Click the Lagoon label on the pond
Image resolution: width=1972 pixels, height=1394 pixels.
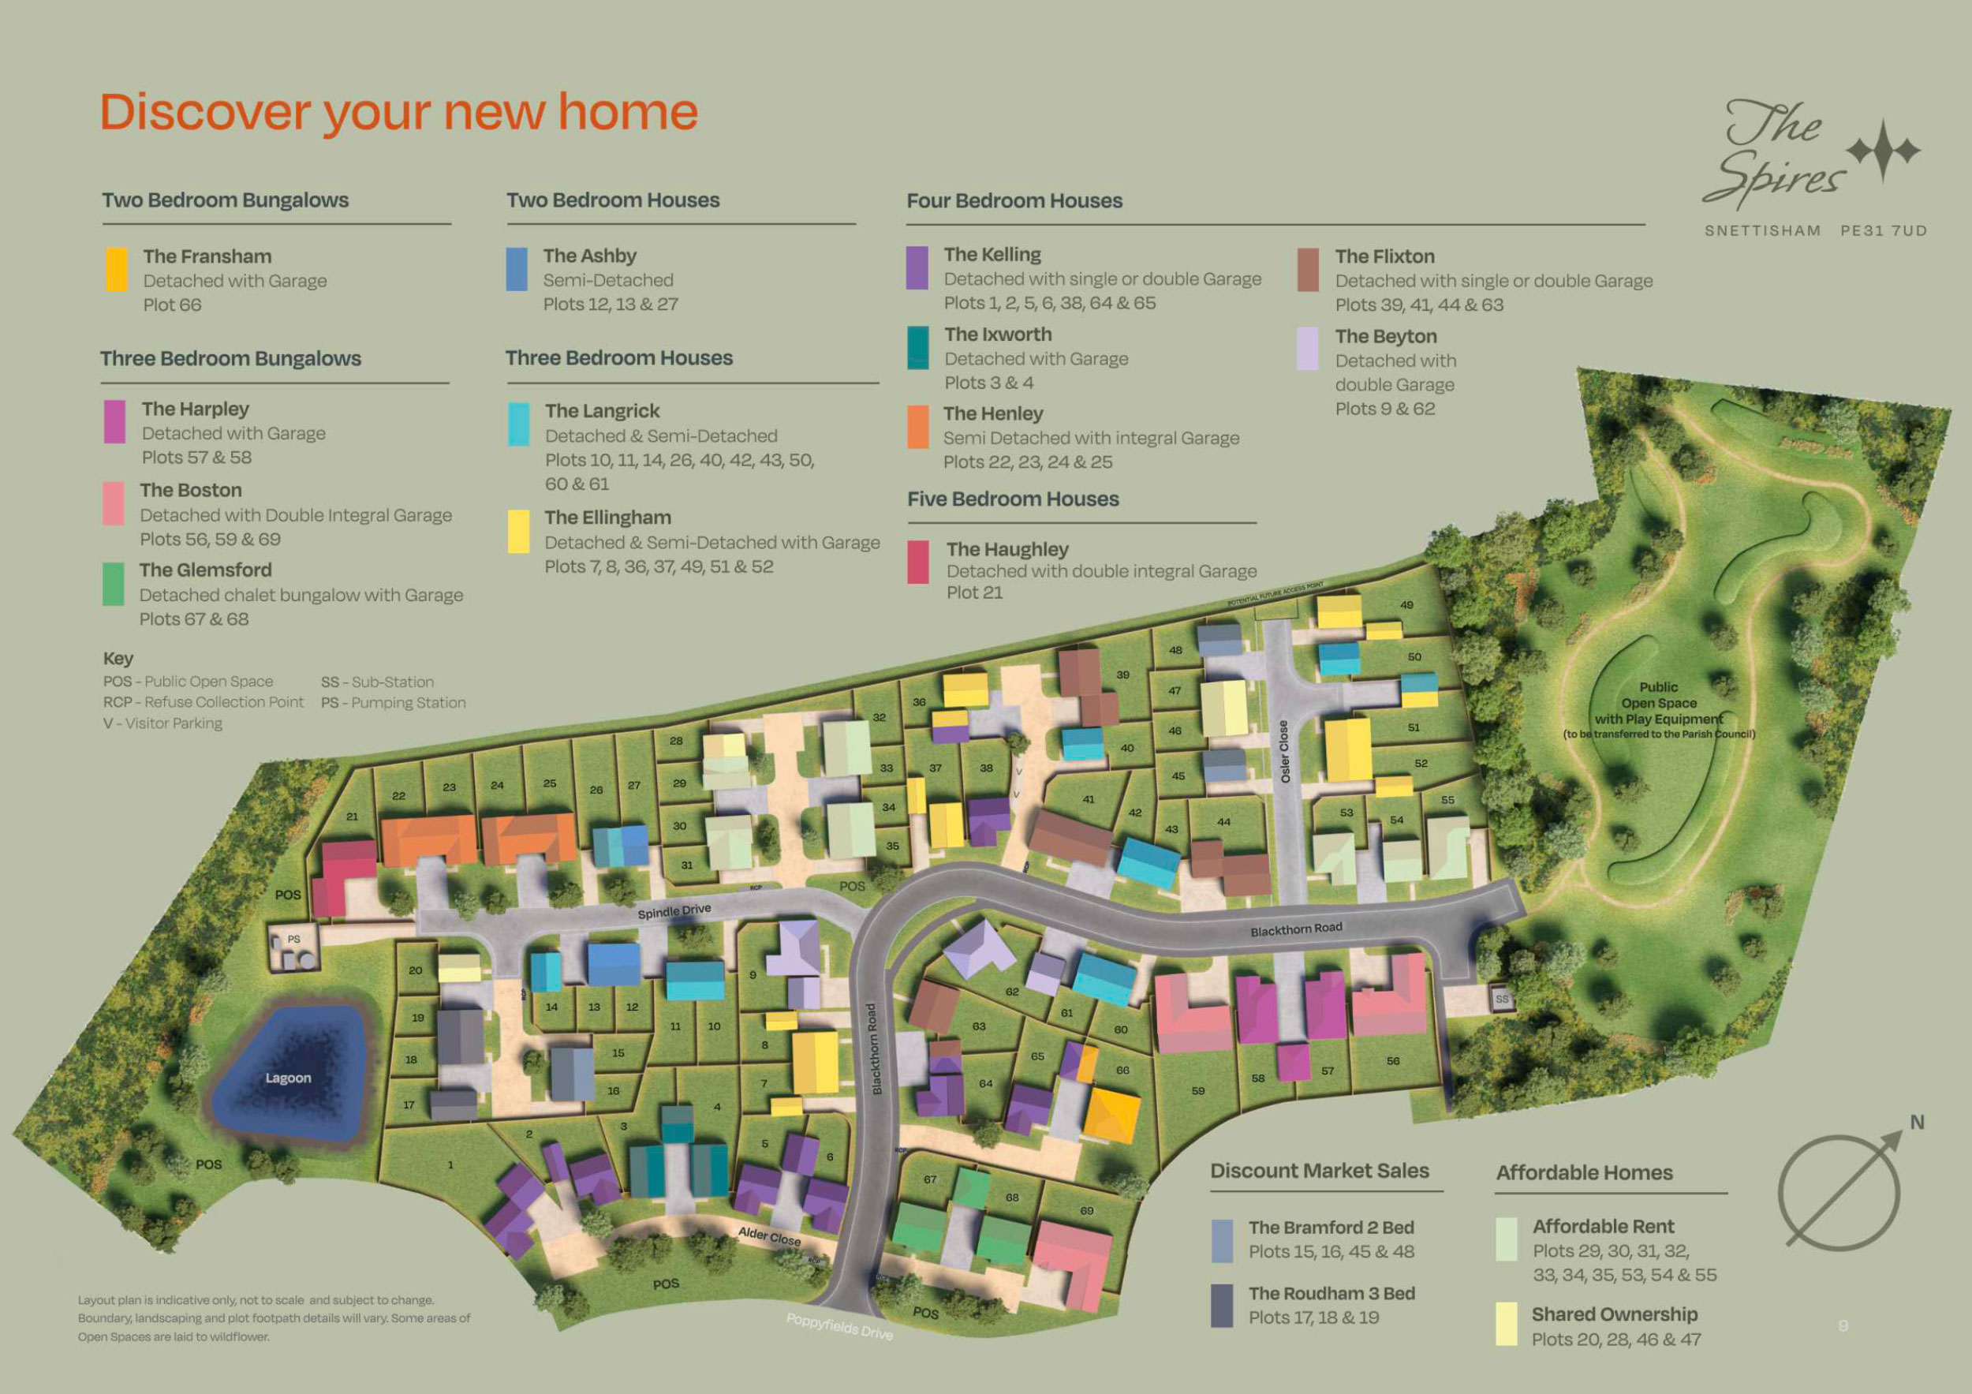pos(288,1078)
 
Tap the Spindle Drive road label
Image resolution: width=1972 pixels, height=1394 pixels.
pos(674,910)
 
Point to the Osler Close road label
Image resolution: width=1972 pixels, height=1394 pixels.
pos(1285,751)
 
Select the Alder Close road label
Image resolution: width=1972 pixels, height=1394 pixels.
pos(769,1236)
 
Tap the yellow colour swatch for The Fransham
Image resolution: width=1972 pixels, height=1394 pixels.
pos(117,270)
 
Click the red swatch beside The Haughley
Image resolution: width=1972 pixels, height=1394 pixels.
pos(918,562)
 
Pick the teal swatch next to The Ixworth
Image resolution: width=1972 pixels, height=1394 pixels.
pos(918,347)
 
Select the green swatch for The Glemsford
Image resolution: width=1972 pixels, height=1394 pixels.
pos(114,584)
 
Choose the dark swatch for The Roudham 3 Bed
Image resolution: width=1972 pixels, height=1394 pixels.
pos(1221,1306)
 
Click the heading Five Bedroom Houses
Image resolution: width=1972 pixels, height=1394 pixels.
pos(1013,499)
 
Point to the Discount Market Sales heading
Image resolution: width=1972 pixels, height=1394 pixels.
pos(1319,1171)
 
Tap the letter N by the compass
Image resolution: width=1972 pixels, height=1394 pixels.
pos(1916,1123)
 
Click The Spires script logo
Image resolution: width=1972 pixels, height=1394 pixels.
pos(1773,155)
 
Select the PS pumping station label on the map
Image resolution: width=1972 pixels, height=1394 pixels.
pos(293,939)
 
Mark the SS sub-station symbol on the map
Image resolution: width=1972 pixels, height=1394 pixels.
pos(1501,999)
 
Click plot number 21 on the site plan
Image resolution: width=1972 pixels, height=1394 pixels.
pos(352,816)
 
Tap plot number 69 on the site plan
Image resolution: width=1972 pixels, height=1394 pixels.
pos(1086,1210)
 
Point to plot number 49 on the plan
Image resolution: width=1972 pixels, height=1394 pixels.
pos(1406,604)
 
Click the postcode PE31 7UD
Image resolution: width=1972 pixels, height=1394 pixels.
pos(1884,230)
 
